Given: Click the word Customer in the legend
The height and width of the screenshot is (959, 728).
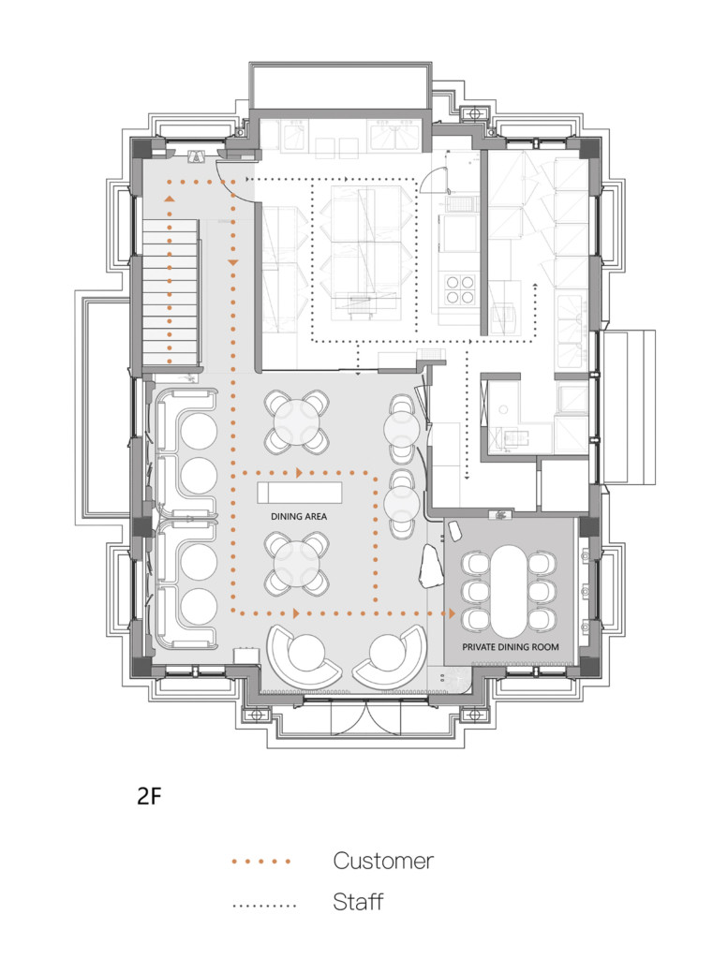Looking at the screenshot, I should pos(383,861).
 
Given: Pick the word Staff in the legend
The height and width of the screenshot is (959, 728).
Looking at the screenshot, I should pos(358,903).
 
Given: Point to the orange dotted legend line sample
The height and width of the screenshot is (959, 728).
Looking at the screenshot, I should pos(261,861).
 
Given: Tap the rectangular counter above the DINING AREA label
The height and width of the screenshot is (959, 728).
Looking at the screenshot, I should pos(300,493).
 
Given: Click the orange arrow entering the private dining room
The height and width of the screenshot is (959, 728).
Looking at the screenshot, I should pos(452,613).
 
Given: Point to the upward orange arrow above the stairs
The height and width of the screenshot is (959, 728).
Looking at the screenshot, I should pos(170,199).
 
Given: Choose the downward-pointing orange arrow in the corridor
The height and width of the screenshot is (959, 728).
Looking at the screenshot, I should pos(232,263).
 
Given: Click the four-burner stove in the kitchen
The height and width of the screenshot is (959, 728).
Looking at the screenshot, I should pos(459,288).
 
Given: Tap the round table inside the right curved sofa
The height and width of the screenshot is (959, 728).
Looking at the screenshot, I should pos(387,653).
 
